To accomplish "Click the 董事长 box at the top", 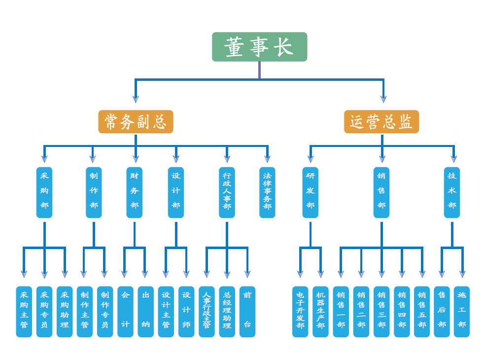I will tap(259, 47).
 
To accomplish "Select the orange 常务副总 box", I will tap(136, 121).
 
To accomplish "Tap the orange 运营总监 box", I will tap(381, 121).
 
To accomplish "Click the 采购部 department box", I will tap(44, 192).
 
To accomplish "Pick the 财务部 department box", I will tap(135, 192).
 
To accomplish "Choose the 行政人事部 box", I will tap(227, 192).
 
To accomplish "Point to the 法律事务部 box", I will tap(267, 192).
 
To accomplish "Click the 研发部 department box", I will tap(310, 192).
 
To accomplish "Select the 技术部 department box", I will tap(452, 192).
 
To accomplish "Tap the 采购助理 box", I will tap(65, 312).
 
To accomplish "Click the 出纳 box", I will tap(146, 312).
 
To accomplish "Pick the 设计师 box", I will tap(186, 312).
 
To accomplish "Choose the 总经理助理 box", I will tap(227, 312).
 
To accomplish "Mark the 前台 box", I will tap(247, 312).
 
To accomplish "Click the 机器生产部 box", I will tap(320, 312).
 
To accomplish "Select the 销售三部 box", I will tap(381, 312).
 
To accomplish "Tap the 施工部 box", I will tap(462, 312).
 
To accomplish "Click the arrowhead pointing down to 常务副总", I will tap(136, 99).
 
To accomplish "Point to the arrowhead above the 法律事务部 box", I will tap(267, 159).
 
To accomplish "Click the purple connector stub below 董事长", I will tap(259, 70).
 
